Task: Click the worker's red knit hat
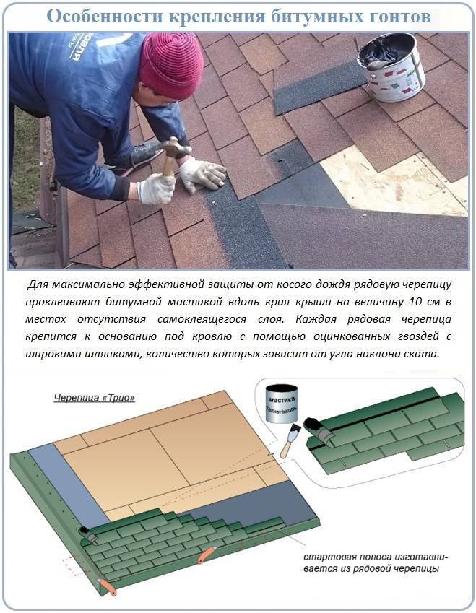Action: [171, 65]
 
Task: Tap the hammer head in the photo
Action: [177, 147]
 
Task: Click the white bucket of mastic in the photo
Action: [391, 66]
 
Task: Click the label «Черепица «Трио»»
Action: [95, 398]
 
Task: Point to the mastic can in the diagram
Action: [282, 404]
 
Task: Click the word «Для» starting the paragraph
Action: [38, 285]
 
